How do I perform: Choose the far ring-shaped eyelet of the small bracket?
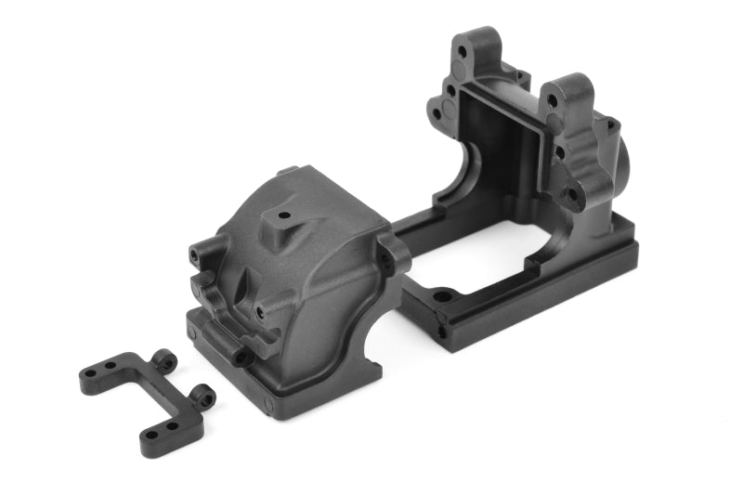click(165, 357)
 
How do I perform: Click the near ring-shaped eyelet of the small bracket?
click(202, 397)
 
